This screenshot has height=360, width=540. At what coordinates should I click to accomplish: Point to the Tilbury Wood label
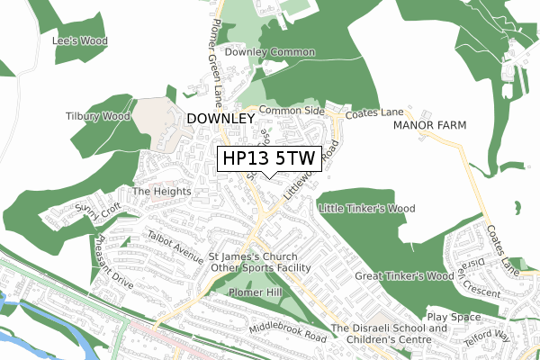(96, 116)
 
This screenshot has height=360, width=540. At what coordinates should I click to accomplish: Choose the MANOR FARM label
(429, 125)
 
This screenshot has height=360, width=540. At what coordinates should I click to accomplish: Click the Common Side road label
(291, 110)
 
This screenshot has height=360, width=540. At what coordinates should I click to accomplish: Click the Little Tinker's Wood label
(366, 209)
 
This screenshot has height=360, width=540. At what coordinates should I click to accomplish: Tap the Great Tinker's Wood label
(403, 276)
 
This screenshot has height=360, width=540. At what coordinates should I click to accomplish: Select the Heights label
(161, 192)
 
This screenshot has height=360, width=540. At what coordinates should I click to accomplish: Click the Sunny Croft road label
(97, 212)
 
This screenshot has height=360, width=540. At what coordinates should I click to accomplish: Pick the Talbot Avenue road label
(176, 245)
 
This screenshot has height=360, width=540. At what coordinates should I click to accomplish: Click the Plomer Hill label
(256, 293)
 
